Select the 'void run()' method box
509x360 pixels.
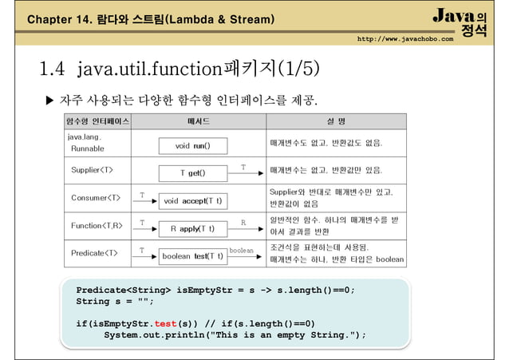192,146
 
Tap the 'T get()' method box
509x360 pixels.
192,173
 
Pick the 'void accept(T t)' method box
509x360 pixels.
192,201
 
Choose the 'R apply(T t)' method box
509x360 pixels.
192,228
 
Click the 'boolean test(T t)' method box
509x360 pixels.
192,256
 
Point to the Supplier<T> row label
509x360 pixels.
92,170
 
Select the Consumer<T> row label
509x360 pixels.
94,198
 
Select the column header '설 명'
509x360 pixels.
336,122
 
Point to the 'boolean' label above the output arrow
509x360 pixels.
241,251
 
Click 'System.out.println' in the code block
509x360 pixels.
152,334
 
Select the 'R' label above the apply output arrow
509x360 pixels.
243,223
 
